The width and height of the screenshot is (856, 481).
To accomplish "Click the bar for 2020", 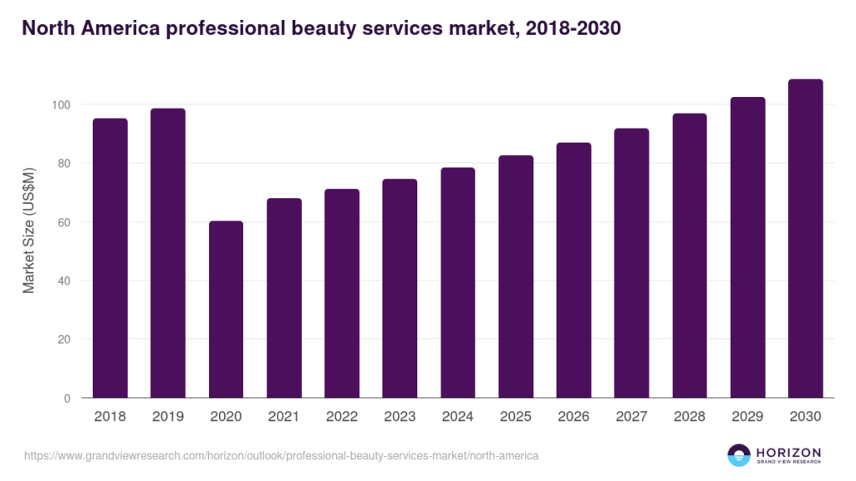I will pos(226,310).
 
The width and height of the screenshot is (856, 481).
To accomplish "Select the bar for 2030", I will pos(806,239).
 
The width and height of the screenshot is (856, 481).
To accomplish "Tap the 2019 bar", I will pos(168,253).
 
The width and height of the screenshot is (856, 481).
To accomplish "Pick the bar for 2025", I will pos(516,276).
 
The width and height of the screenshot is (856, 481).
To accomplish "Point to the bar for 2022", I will pos(342,293).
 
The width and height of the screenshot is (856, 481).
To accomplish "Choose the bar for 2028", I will pos(690,256).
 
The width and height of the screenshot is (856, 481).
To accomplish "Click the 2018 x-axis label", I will pos(110,416).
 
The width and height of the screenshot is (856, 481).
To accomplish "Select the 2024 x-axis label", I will pos(458,416).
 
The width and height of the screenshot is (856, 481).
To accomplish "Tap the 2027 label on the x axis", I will pos(632,416).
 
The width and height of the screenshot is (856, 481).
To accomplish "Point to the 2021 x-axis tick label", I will pos(284,416).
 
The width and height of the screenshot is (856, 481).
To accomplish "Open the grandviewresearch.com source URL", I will pos(282,456).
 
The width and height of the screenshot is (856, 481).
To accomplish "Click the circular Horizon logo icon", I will pos(739,455).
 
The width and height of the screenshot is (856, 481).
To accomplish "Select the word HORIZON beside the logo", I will pos(787,451).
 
